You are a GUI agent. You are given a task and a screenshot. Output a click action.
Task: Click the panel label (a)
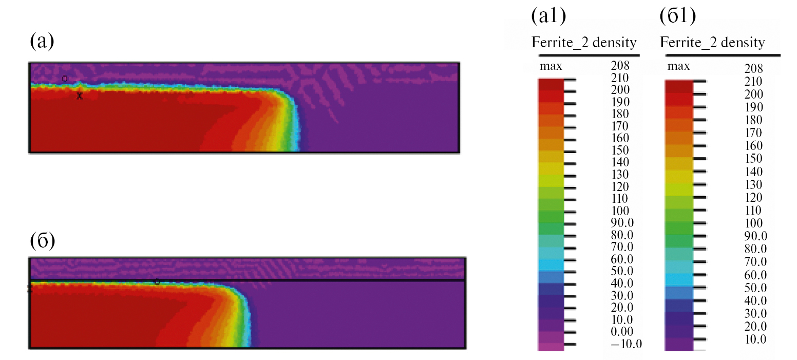[x=42, y=41]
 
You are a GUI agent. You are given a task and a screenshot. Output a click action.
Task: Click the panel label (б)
[x=42, y=240]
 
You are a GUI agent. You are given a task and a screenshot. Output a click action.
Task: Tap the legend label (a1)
[x=548, y=16]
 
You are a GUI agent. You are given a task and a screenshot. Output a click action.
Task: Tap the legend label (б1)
[x=677, y=16]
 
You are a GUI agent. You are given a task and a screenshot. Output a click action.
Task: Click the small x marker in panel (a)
[x=80, y=96]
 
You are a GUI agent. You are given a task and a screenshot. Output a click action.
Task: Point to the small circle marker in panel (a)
[x=65, y=79]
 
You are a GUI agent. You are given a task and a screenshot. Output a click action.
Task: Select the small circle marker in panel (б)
[x=157, y=282]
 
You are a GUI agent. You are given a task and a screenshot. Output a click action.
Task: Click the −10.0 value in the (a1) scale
[x=626, y=344]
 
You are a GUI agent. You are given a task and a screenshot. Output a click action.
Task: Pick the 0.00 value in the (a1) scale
[x=622, y=332]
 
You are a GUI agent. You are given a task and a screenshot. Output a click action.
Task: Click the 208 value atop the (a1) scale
[x=620, y=65]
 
